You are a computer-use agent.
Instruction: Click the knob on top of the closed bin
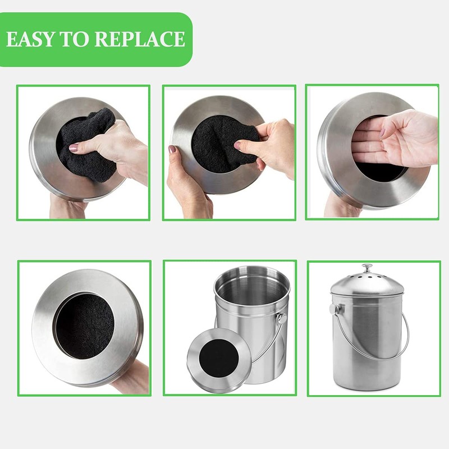[368, 268]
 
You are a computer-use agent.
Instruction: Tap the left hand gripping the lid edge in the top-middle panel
[185, 180]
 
